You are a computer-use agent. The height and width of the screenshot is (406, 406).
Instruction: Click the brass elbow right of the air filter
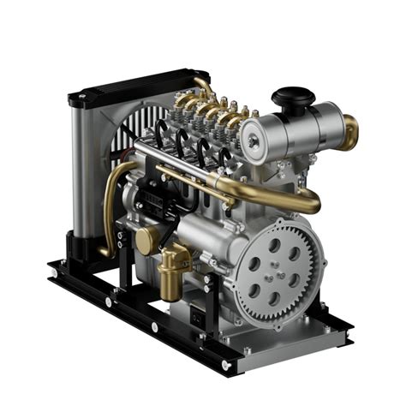pos(350,131)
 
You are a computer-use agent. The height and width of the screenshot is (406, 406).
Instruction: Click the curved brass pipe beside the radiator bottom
pos(109,206)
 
